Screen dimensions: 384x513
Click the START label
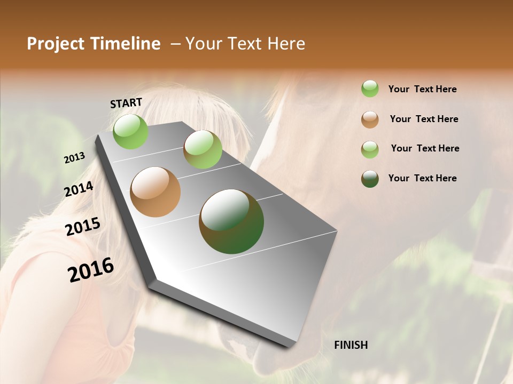[126, 103]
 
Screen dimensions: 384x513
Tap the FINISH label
[351, 345]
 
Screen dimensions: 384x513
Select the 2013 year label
[74, 157]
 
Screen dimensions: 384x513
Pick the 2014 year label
[79, 189]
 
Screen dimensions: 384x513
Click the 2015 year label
[83, 227]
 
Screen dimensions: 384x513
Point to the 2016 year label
[91, 270]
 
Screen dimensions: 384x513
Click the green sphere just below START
[130, 131]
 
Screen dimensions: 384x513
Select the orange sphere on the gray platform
[155, 191]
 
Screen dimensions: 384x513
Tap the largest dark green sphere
[231, 221]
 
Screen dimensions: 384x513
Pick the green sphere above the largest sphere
[203, 149]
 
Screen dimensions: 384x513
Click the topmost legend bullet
[370, 89]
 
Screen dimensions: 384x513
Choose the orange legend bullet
[370, 119]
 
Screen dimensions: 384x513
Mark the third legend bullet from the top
[370, 149]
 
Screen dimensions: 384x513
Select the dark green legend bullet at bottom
[370, 179]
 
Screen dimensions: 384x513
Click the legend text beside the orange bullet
[424, 119]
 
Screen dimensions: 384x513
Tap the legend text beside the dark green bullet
[422, 178]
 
